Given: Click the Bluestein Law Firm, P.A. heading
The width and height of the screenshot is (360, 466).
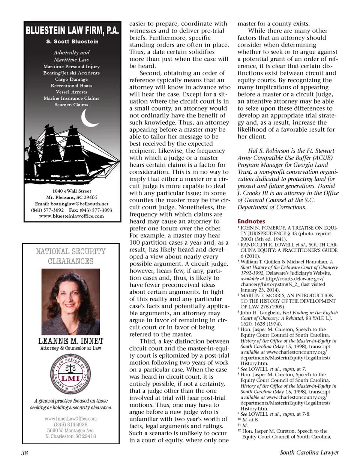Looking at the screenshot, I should click(72, 30).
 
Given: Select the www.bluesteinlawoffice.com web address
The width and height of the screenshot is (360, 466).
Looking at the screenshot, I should click(71, 216).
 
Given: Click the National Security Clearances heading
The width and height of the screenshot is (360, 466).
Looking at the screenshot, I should click(71, 256).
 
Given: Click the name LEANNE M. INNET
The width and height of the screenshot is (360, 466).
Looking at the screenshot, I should click(71, 341).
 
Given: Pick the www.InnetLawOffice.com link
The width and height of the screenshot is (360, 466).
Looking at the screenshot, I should click(71, 419).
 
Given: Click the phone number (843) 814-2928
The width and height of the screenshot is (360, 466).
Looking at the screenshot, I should click(71, 424).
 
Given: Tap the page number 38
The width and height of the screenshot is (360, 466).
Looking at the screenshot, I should click(25, 452).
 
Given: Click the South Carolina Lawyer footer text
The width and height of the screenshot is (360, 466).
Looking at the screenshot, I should click(309, 452).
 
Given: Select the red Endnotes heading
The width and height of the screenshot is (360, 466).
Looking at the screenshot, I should click(251, 221).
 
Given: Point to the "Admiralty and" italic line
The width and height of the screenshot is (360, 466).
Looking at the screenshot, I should click(71, 53).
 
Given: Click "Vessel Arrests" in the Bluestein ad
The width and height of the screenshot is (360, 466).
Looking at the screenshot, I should click(71, 92).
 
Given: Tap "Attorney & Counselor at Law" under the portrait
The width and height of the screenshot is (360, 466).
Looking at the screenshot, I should click(71, 348).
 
